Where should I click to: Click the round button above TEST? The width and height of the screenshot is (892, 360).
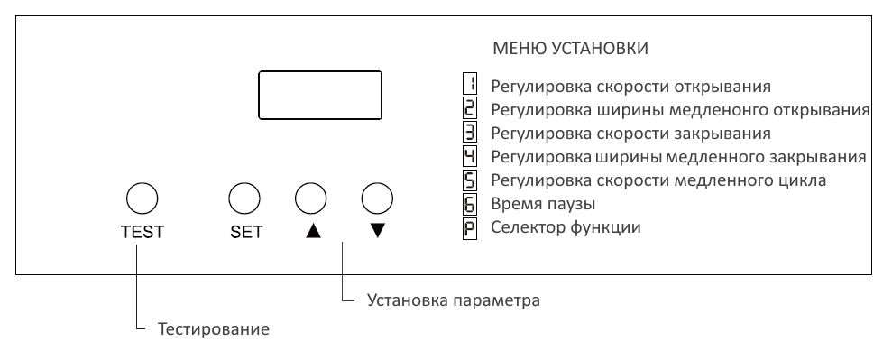pos(142,197)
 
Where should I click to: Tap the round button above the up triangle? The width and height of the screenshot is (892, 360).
pos(308,197)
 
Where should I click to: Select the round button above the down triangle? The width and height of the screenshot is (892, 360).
pos(376,197)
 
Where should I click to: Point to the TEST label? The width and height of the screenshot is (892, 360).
pos(143,232)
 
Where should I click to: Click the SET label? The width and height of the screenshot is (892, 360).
pos(246,232)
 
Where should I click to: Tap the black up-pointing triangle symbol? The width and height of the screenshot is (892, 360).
pos(312,231)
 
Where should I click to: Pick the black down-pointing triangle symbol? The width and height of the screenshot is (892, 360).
pos(377,231)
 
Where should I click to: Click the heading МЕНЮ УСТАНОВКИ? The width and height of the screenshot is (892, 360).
pos(571,46)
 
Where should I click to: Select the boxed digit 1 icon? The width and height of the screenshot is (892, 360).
pos(469,87)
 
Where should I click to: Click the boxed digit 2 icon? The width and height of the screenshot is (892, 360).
pos(469,110)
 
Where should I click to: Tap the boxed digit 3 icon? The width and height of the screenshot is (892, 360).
pos(469,134)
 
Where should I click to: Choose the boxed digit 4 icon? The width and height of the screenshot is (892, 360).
pos(469,157)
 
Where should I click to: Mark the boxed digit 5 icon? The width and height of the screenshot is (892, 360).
pos(469,180)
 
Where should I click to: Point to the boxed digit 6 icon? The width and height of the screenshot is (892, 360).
pos(469,204)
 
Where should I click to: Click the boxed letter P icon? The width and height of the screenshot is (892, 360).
pos(469,227)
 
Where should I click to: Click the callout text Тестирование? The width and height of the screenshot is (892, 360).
pos(214,329)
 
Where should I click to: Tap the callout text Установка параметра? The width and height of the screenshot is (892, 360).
pos(454,300)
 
